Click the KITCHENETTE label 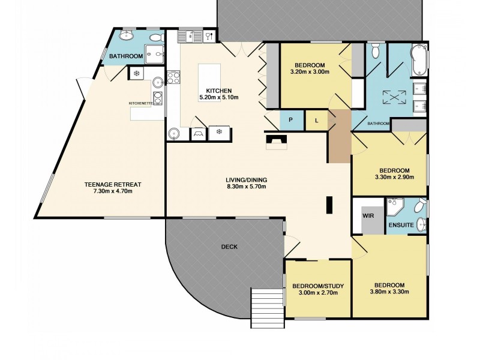(x=145, y=103)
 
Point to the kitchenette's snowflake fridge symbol (x=137, y=73)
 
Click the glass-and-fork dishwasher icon (x=209, y=36)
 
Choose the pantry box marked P (x=292, y=120)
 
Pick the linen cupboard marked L (x=316, y=120)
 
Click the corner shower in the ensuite (x=395, y=208)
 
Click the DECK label (x=229, y=247)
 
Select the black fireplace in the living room (x=277, y=140)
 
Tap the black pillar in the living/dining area (x=329, y=205)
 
